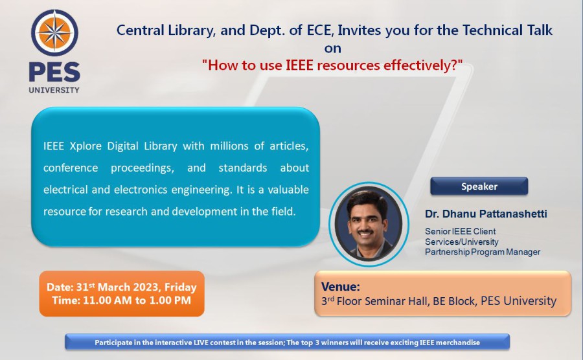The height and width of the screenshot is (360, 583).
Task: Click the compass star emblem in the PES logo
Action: click(54, 32)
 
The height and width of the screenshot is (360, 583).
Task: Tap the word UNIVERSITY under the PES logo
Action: click(54, 90)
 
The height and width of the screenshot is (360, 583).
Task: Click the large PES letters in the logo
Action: click(54, 72)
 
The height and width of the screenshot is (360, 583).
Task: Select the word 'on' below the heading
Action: click(332, 49)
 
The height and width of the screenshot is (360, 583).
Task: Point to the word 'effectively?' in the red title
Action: click(420, 65)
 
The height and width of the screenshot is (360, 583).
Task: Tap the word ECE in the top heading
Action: click(319, 30)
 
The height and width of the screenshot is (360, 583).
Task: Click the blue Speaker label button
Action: click(479, 186)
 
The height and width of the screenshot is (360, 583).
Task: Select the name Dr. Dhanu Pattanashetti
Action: click(486, 214)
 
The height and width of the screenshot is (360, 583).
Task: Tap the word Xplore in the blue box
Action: click(86, 146)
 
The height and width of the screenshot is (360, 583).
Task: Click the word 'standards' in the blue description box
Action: click(243, 168)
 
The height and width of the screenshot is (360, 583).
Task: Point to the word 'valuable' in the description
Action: click(288, 190)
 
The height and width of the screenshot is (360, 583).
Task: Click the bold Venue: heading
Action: click(341, 286)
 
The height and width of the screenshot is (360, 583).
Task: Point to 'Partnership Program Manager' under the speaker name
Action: click(483, 252)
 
